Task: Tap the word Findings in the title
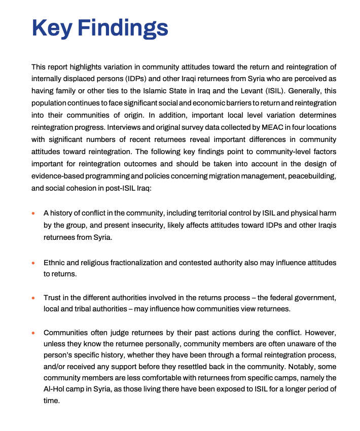point(127,28)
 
